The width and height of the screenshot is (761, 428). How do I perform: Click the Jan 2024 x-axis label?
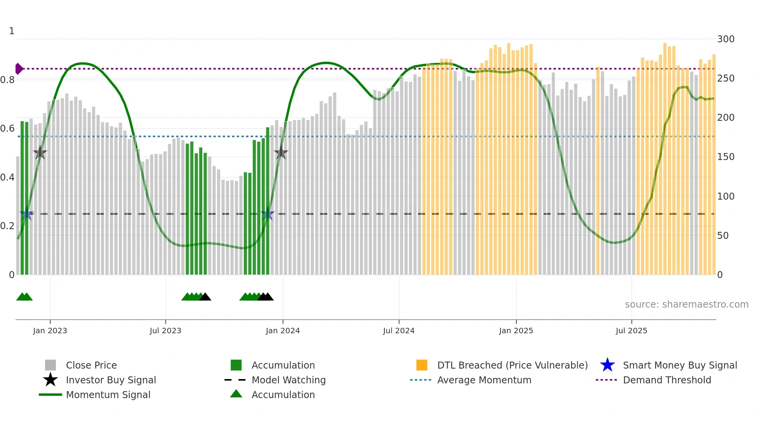(x=283, y=331)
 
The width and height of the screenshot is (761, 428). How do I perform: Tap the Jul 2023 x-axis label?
(x=165, y=331)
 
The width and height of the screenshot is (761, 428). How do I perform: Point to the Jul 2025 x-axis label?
(x=631, y=331)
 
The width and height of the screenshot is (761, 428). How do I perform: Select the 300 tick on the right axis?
(x=725, y=39)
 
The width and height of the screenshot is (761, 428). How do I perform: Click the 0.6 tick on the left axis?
(x=7, y=129)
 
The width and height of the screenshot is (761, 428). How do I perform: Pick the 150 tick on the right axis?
(x=725, y=157)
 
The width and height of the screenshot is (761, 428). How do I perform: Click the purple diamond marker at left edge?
(x=19, y=69)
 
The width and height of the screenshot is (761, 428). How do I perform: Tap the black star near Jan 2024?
(x=281, y=153)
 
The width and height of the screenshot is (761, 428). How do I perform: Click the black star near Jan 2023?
(x=40, y=153)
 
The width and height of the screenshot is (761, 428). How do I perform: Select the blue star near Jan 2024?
(x=268, y=214)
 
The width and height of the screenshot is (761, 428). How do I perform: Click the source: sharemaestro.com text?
(x=686, y=304)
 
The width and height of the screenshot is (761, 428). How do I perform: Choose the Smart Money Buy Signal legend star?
(x=607, y=365)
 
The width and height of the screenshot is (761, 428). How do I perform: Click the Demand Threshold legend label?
(x=667, y=380)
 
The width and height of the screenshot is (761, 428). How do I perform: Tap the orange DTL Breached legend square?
(x=422, y=365)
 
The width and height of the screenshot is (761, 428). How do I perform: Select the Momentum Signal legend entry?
(x=108, y=395)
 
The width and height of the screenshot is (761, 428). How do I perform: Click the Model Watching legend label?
(x=288, y=380)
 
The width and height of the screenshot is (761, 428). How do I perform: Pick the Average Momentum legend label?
(x=484, y=380)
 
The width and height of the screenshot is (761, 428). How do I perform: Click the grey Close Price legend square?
(x=50, y=365)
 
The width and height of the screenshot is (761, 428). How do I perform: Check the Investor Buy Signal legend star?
(x=50, y=380)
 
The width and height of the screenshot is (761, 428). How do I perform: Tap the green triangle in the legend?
(x=236, y=394)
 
